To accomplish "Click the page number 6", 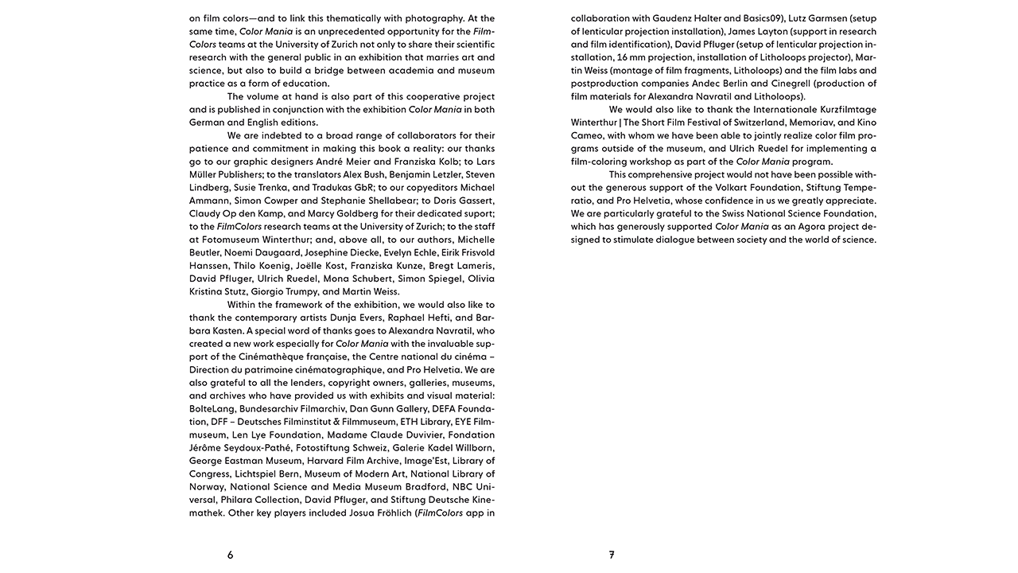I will coord(231,555).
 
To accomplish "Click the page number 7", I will coord(612,555).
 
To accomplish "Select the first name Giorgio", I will coord(271,291).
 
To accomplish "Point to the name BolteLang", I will coord(212,409).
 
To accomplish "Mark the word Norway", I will coord(206,487).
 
